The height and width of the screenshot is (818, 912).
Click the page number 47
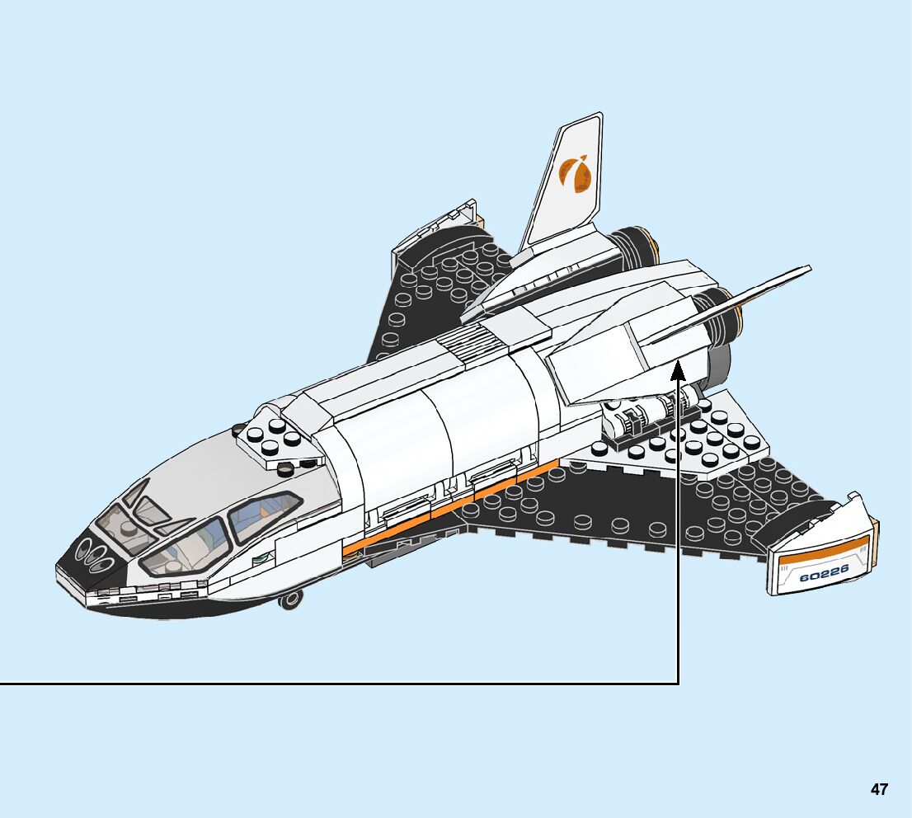tap(879, 790)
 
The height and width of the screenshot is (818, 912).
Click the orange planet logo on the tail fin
tap(575, 176)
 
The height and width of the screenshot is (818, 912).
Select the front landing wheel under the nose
tap(289, 599)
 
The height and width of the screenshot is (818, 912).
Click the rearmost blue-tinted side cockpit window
tap(262, 517)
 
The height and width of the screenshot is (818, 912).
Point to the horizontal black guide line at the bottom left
tap(330, 683)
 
